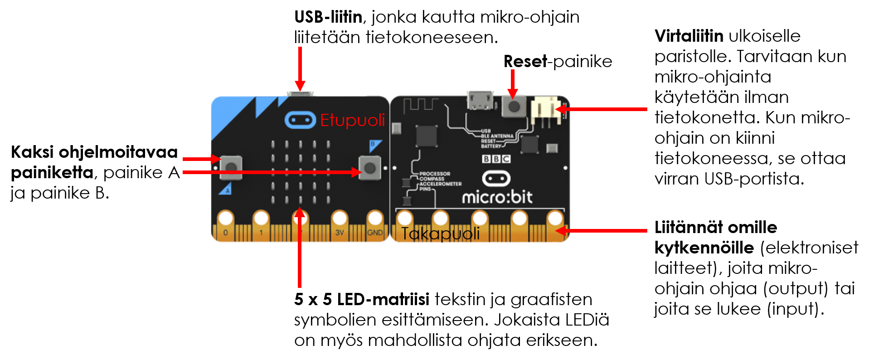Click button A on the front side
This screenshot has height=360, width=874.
point(231,167)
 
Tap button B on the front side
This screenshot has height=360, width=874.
point(370,168)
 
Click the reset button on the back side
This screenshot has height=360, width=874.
point(514,107)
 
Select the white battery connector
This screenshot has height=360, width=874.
point(545,109)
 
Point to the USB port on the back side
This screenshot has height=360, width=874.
point(481,100)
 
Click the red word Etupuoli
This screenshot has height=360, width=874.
point(352,120)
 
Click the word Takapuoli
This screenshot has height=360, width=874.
point(440,234)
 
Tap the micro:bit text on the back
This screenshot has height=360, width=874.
point(497,197)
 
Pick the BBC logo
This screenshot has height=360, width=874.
point(496,159)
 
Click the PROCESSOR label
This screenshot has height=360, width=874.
point(435,174)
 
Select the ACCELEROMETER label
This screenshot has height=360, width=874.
point(440,184)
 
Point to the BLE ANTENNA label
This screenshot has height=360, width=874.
point(497,136)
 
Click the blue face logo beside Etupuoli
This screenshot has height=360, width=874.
point(300,120)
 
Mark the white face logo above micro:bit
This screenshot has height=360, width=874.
point(496,178)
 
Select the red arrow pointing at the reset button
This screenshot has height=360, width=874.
point(513,84)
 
